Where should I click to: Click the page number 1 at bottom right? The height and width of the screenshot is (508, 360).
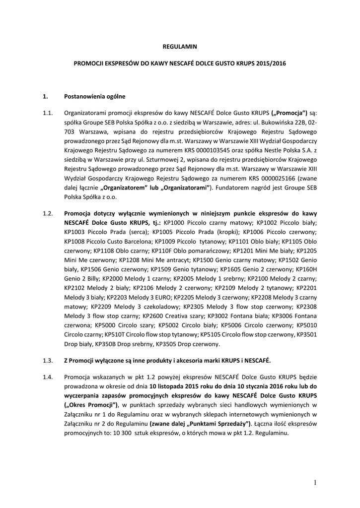pos(315,482)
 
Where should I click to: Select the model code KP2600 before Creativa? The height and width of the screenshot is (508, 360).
pos(152,316)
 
